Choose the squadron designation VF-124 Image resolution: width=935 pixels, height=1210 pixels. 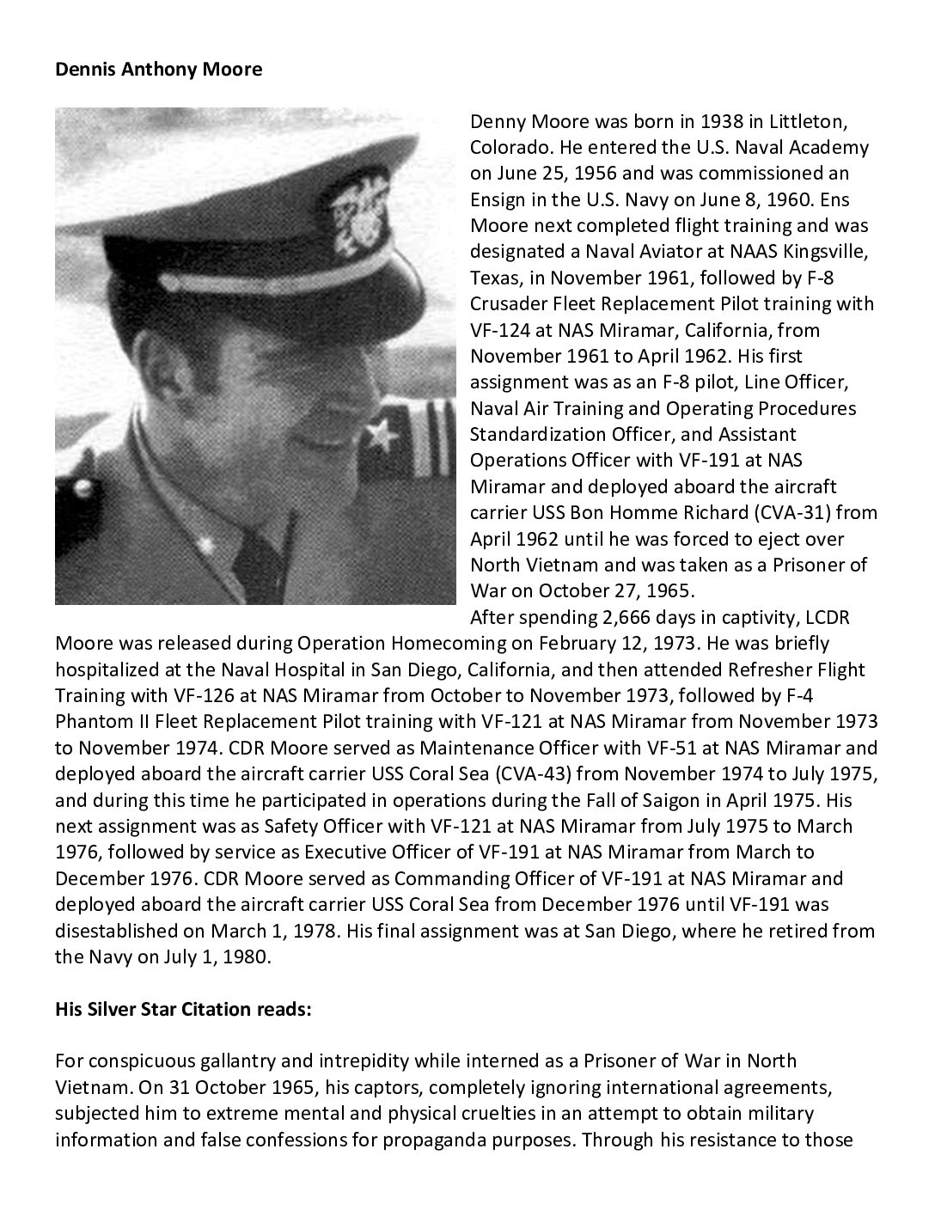pyautogui.click(x=502, y=330)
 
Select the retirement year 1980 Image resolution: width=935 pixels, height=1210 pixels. pyautogui.click(x=248, y=956)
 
